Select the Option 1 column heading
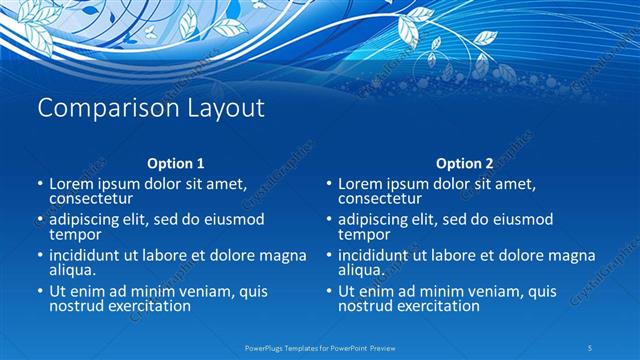[x=176, y=163]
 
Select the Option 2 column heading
[x=465, y=163]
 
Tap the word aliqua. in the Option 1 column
[x=73, y=270]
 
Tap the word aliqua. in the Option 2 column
[x=362, y=270]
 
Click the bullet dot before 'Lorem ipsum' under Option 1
[x=39, y=185]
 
